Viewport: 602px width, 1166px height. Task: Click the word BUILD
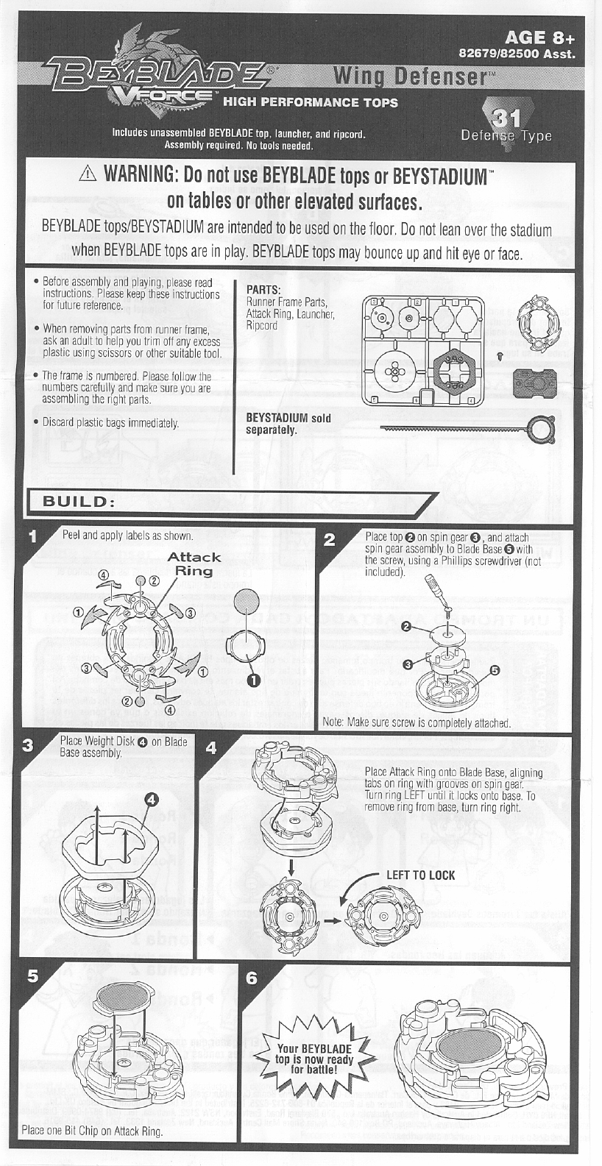pyautogui.click(x=78, y=501)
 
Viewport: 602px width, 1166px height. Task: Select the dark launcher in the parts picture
pyautogui.click(x=537, y=382)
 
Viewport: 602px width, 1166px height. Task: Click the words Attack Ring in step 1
pyautogui.click(x=194, y=564)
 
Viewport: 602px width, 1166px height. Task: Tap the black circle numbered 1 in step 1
pyautogui.click(x=253, y=680)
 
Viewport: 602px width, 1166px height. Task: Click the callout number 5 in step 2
pyautogui.click(x=494, y=670)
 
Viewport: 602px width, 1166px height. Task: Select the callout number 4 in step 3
pyautogui.click(x=150, y=799)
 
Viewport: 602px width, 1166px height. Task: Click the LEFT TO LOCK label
pyautogui.click(x=420, y=875)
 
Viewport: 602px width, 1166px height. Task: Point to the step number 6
pyautogui.click(x=252, y=978)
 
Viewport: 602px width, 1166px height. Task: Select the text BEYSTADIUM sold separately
pyautogui.click(x=288, y=424)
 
